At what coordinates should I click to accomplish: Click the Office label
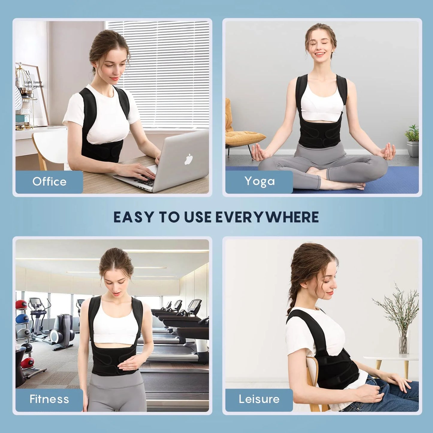coord(49,182)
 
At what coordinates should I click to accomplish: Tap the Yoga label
coord(260,181)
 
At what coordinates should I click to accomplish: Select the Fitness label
coord(49,399)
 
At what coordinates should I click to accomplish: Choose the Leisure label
coord(259,399)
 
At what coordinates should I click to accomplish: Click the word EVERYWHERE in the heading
coord(267,217)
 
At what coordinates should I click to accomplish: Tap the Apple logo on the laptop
coord(188,159)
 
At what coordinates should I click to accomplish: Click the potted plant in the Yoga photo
coord(413,141)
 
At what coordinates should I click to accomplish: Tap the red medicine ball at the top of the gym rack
coord(21,304)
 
